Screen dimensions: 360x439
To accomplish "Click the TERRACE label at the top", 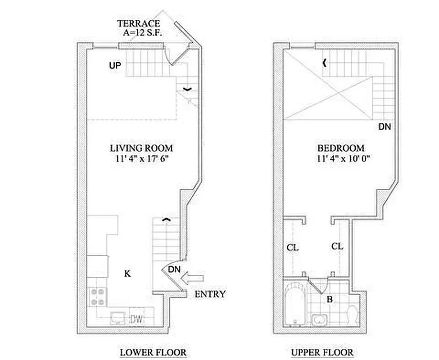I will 138,23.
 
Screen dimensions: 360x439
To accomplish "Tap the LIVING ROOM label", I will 141,148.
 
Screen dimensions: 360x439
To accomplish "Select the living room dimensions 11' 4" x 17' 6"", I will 141,158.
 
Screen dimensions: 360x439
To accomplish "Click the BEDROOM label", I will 341,148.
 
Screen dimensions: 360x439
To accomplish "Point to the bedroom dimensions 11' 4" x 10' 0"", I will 341,158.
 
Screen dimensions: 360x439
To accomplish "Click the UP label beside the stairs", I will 115,66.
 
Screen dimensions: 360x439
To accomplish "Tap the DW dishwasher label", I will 137,320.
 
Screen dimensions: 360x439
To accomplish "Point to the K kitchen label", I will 127,273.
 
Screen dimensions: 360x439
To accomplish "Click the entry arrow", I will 192,280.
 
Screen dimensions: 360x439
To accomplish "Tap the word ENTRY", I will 210,294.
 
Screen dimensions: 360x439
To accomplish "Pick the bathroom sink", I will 320,321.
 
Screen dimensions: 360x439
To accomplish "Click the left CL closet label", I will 293,247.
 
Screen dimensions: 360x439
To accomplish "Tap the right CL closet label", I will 337,247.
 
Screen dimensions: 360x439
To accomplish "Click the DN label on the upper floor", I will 384,127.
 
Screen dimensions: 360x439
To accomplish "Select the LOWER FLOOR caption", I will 153,352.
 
